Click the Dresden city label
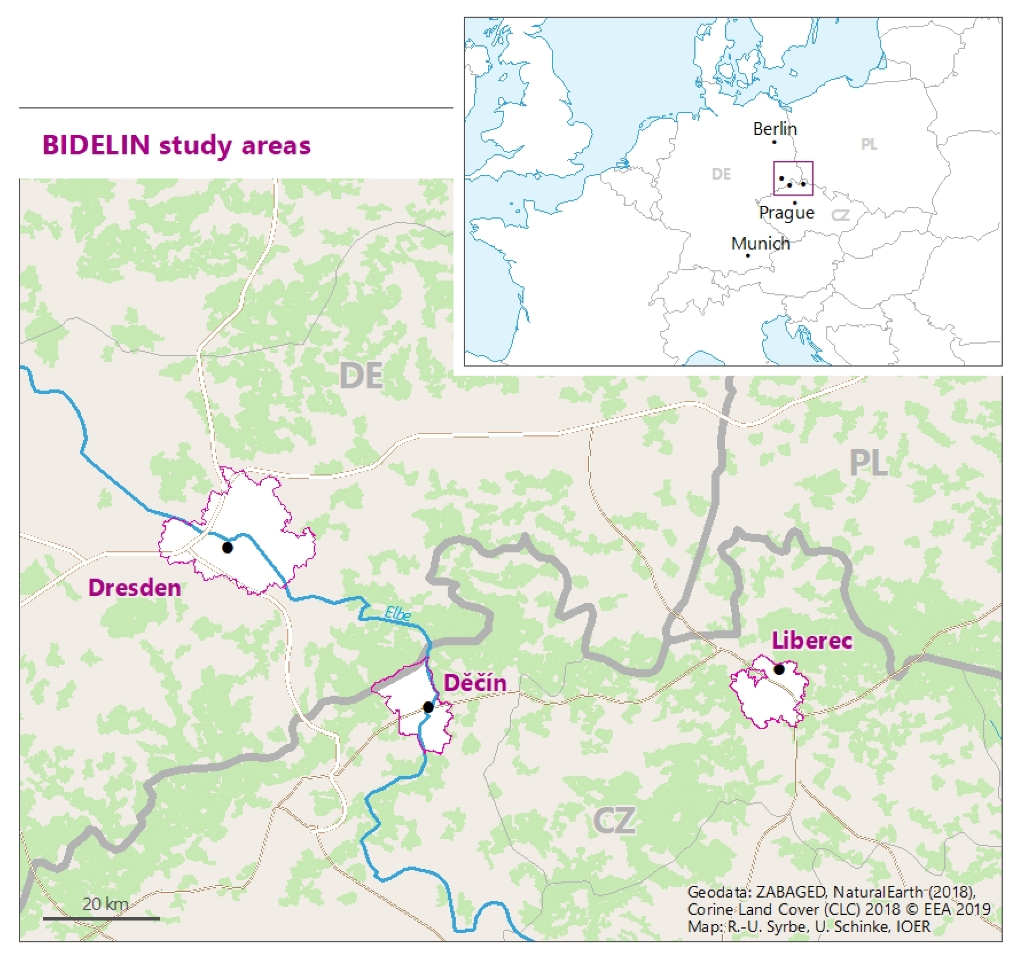click(x=135, y=587)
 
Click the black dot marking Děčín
click(x=428, y=707)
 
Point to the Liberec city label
click(x=812, y=641)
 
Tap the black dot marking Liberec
click(x=779, y=669)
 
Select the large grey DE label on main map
click(x=361, y=376)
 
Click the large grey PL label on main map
click(x=869, y=463)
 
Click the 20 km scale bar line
click(x=101, y=918)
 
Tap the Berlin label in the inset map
click(x=775, y=129)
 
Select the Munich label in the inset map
click(x=760, y=244)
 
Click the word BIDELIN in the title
click(x=96, y=145)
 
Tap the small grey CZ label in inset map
click(x=840, y=215)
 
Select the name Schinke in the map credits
click(x=862, y=926)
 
